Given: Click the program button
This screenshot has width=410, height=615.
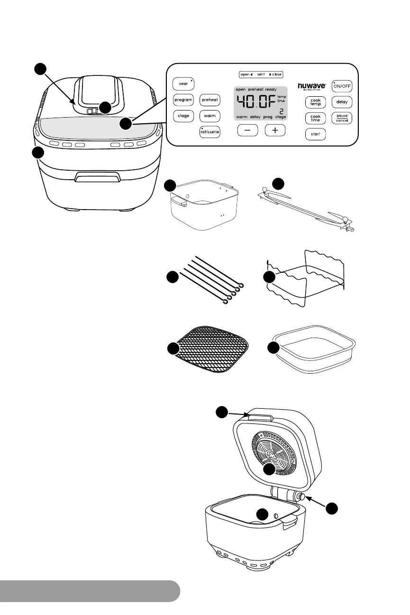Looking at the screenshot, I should point(183,100).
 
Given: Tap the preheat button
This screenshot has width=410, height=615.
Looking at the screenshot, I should point(209,100).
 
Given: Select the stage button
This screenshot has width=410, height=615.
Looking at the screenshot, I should point(183,116).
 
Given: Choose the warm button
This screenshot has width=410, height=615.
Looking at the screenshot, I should point(209,116).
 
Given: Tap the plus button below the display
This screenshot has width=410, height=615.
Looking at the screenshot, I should point(275,130).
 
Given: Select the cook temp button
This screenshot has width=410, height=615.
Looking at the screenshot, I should point(315,102).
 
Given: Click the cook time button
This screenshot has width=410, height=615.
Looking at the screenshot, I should point(315,118).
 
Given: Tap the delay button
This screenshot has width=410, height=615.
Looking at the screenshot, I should point(342,102).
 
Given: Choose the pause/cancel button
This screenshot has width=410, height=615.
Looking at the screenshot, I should point(342,118).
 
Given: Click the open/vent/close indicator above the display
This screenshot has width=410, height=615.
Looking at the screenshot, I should point(261,74).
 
